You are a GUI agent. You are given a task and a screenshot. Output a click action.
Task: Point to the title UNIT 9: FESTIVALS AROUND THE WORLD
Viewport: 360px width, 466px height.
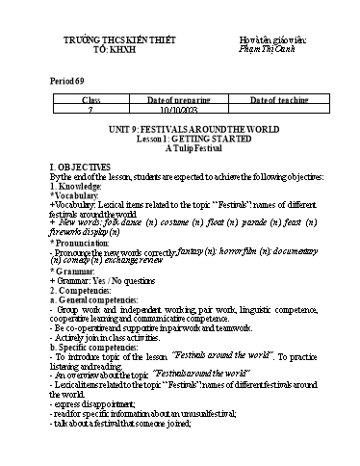pyautogui.click(x=180, y=129)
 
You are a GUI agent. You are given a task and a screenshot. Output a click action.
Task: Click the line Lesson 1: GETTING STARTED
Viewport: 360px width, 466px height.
pyautogui.click(x=180, y=139)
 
